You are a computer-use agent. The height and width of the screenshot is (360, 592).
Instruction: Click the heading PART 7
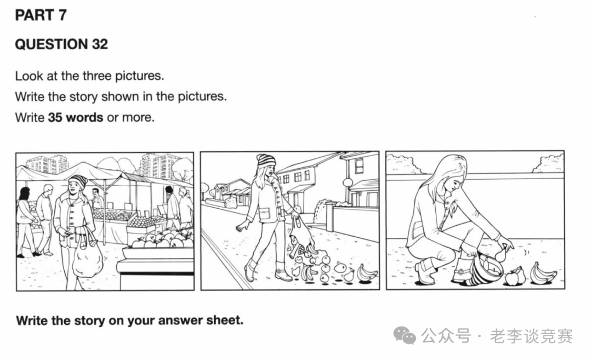click(41, 15)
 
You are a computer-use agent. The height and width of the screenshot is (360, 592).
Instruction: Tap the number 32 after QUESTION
click(100, 44)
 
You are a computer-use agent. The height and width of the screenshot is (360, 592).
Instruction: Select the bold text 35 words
click(76, 117)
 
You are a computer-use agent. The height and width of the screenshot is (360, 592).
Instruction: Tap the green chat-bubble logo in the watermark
click(405, 335)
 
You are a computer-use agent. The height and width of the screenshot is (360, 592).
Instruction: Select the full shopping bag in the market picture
click(87, 257)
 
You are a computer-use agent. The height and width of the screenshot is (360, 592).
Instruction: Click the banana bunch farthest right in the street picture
click(367, 273)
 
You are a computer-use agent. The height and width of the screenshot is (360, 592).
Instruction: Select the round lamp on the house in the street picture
click(348, 183)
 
